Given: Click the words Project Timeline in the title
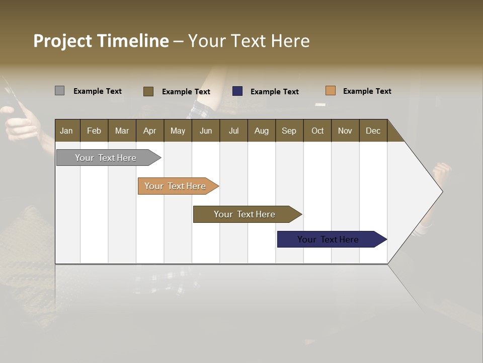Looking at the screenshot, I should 101,41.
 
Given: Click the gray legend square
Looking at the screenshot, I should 59,91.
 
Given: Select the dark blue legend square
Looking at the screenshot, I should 237,91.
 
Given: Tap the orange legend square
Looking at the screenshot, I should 330,91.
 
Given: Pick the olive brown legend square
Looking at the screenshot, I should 148,91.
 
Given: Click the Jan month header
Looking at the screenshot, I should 66,131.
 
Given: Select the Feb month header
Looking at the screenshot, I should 94,131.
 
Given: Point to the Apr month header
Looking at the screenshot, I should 149,131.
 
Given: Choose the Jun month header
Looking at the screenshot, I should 206,131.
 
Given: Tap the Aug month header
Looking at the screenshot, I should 261,131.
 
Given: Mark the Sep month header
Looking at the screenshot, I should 289,131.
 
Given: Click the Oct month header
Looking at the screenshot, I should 317,131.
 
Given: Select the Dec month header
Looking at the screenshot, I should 373,131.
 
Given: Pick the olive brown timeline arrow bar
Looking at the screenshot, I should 245,214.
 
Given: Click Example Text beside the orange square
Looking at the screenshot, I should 367,91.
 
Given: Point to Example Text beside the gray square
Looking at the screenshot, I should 98,91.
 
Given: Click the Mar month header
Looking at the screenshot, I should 122,131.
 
